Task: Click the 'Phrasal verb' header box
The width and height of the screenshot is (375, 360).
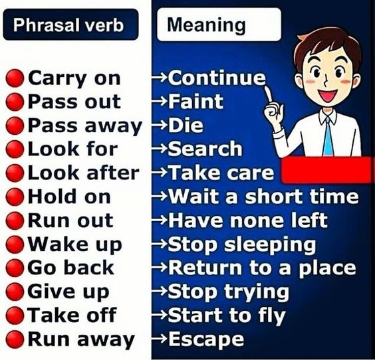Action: pyautogui.click(x=71, y=26)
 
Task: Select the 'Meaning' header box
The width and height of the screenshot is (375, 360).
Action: pyautogui.click(x=206, y=26)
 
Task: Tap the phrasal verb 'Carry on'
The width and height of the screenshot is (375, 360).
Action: pyautogui.click(x=74, y=78)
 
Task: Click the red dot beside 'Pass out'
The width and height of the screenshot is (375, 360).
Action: pyautogui.click(x=15, y=102)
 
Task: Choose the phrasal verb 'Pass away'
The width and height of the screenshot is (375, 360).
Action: pyautogui.click(x=84, y=126)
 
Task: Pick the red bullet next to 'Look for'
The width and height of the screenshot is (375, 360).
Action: pyautogui.click(x=15, y=149)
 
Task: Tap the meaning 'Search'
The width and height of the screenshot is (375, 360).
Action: pyautogui.click(x=205, y=149)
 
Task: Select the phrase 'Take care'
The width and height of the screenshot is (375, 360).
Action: pyautogui.click(x=221, y=173)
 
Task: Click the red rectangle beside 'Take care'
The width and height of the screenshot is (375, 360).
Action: pyautogui.click(x=325, y=170)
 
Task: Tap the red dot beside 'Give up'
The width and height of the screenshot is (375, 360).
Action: pyautogui.click(x=15, y=292)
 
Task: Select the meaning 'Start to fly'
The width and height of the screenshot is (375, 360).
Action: pyautogui.click(x=226, y=315)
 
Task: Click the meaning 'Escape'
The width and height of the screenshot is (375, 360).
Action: pyautogui.click(x=206, y=339)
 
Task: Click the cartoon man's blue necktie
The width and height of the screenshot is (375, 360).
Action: pyautogui.click(x=328, y=135)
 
